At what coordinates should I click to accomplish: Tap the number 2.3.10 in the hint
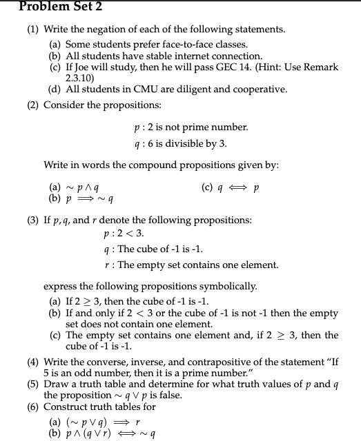[x=79, y=79]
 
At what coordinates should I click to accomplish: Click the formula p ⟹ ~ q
[x=90, y=198]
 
